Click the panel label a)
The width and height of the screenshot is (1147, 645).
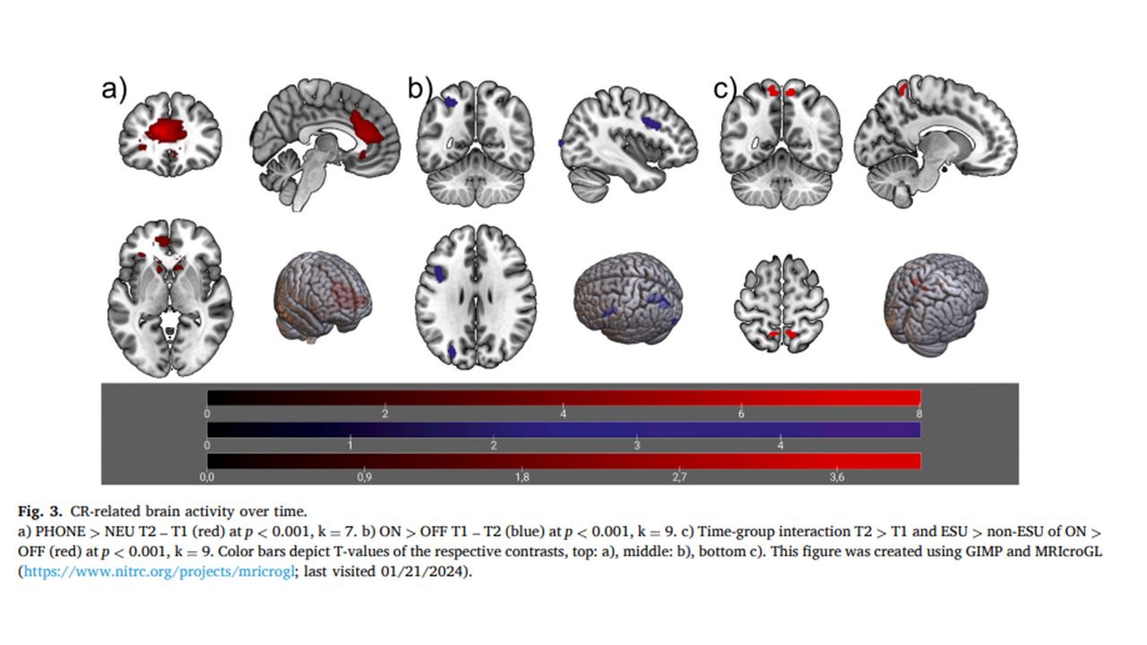[x=114, y=89]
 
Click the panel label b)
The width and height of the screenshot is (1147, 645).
[x=420, y=88]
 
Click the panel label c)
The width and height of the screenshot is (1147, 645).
[x=725, y=89]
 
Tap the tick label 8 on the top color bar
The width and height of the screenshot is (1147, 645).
[x=919, y=414]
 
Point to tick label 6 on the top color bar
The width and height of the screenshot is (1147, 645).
[x=741, y=414]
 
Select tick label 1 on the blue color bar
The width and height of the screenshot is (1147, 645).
[x=350, y=445]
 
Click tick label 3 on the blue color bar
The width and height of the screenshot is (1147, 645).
[x=637, y=445]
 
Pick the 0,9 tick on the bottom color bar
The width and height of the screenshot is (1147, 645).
[x=365, y=477]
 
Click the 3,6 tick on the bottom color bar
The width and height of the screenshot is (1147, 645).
[x=837, y=477]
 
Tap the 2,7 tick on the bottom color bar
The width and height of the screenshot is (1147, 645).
[x=679, y=477]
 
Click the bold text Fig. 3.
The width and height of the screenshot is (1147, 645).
[x=40, y=512]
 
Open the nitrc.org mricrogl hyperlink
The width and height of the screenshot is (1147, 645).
[x=160, y=572]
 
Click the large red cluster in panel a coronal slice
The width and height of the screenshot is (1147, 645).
[x=165, y=130]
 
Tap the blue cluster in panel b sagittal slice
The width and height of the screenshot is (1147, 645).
[x=651, y=123]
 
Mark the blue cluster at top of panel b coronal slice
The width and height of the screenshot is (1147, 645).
[x=450, y=102]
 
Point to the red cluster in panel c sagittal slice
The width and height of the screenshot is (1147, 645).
[x=902, y=90]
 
